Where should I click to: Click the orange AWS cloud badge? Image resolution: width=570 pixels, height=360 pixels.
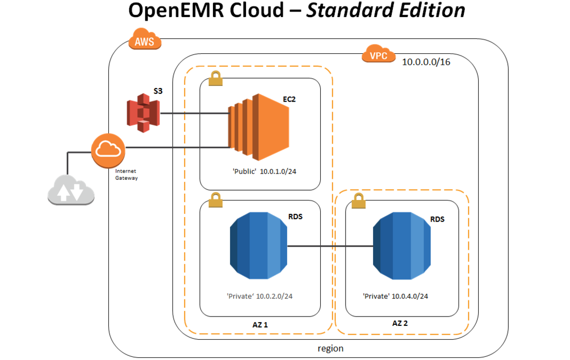[x=145, y=39]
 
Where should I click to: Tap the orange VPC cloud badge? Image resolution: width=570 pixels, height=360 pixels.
[x=378, y=54]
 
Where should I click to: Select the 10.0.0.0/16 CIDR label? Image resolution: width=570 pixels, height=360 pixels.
[x=426, y=62]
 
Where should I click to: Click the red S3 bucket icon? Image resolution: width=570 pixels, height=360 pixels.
[x=143, y=113]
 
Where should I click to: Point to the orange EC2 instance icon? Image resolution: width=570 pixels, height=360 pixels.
[x=259, y=127]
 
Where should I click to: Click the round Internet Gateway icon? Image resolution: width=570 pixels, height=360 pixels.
[x=108, y=150]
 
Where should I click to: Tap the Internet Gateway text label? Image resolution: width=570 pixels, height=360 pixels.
[x=126, y=175]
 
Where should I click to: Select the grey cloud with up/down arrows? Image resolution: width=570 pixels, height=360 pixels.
[x=72, y=190]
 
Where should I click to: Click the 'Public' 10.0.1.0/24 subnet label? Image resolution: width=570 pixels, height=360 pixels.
[x=264, y=171]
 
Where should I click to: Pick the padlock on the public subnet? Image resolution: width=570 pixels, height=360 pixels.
[x=216, y=78]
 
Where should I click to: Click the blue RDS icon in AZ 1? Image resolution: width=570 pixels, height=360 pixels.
[x=259, y=246]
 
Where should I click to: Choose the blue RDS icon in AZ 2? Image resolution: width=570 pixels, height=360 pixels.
[x=402, y=246]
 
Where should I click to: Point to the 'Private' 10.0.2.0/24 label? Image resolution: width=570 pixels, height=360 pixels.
[x=260, y=296]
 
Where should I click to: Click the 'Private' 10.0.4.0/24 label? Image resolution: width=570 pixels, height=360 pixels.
[x=395, y=296]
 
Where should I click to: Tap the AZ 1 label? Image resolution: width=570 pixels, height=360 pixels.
[x=260, y=325]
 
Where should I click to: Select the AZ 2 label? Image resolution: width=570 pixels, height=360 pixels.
[x=400, y=323]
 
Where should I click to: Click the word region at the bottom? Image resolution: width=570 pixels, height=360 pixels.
[x=331, y=349]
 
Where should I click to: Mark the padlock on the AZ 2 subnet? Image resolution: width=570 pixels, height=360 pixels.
[x=359, y=201]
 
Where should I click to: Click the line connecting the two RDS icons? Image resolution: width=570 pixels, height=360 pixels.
[x=330, y=246]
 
